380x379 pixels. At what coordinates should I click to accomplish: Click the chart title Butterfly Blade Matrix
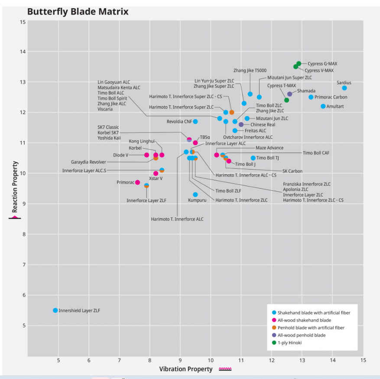tap(78, 12)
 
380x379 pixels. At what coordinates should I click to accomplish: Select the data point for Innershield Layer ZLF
tap(55, 310)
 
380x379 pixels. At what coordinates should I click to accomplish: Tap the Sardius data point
tap(344, 88)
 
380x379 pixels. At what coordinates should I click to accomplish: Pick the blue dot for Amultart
tap(323, 106)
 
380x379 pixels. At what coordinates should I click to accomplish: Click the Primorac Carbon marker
tap(311, 97)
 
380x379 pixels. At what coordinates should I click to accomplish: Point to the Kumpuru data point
tap(195, 194)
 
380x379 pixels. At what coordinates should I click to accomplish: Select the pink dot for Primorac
tap(137, 183)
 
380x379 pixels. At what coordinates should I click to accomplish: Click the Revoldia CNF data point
tap(195, 121)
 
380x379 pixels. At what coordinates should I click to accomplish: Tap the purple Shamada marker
tap(289, 94)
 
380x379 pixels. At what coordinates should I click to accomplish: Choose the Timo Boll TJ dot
tap(253, 158)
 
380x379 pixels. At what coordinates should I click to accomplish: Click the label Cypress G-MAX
tap(322, 64)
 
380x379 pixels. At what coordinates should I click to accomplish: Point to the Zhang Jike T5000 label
tap(250, 71)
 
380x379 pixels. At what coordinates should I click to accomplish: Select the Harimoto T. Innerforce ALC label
tap(177, 219)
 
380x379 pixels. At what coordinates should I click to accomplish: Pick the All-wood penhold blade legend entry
tap(299, 335)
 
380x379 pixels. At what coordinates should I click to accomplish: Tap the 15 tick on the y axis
tap(23, 22)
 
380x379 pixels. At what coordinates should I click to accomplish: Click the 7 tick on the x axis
tap(119, 360)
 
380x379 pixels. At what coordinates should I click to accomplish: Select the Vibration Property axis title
tap(185, 369)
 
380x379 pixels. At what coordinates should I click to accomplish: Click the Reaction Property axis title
tap(15, 187)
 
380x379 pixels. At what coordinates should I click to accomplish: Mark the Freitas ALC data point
tap(235, 131)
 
